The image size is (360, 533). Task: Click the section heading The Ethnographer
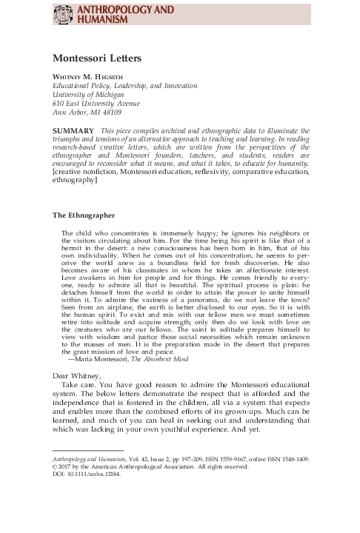83,215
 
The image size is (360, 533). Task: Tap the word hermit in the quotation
77,250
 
